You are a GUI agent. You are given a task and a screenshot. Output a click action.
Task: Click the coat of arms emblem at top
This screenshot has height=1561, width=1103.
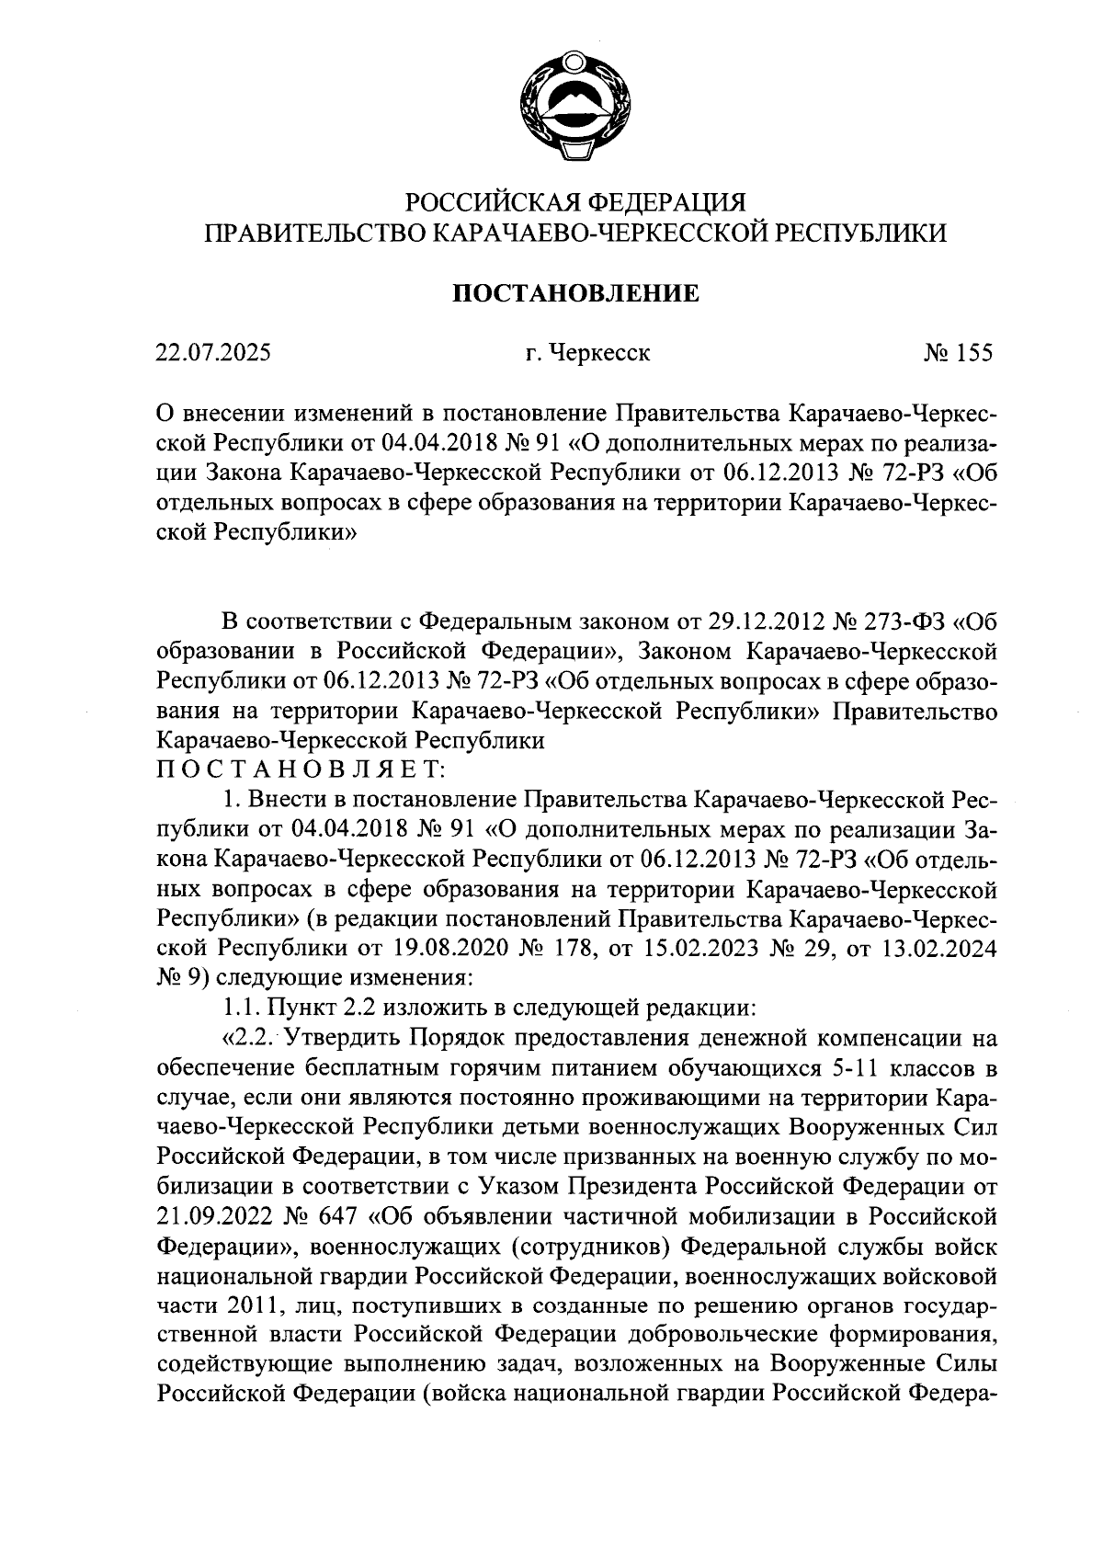(575, 111)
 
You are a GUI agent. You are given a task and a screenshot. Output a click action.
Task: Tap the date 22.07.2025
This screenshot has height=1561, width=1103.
(213, 352)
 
